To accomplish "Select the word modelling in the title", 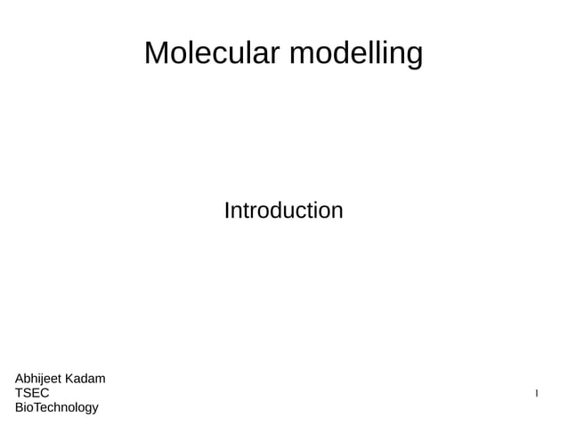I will [356, 55].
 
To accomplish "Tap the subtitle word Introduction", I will [283, 211].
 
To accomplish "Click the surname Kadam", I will [86, 379].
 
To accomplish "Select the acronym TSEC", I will [32, 393].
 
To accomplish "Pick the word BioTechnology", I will [57, 407].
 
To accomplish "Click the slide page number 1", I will [536, 393].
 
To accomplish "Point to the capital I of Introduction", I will [226, 211].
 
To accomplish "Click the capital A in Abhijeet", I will [20, 379].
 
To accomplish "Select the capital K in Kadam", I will [72, 379].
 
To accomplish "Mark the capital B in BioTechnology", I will [20, 407].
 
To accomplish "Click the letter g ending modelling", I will [414, 57].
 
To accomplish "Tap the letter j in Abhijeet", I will [43, 380].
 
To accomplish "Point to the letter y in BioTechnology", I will [94, 409].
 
